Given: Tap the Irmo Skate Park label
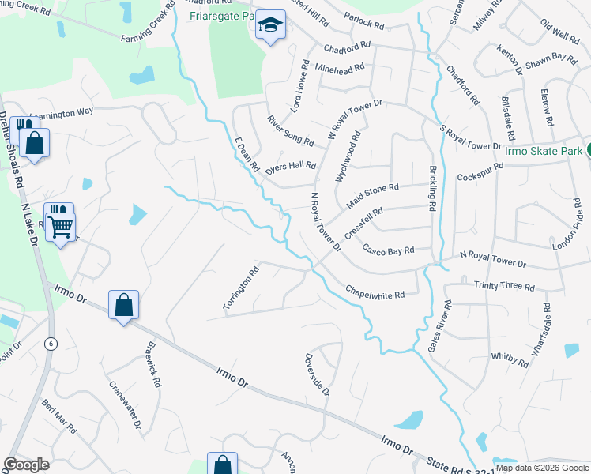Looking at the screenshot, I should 538,150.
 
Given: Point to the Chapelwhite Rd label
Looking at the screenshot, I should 375,292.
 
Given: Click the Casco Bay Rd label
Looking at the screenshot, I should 388,250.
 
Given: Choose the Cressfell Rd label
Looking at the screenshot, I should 363,223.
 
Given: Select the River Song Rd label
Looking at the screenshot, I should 291,130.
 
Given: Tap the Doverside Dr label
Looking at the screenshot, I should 317,374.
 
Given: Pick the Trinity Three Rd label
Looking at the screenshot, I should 504,286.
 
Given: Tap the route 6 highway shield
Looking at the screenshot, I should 51,344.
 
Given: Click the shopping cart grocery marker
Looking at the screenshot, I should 60,227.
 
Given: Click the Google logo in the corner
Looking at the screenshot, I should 27,465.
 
